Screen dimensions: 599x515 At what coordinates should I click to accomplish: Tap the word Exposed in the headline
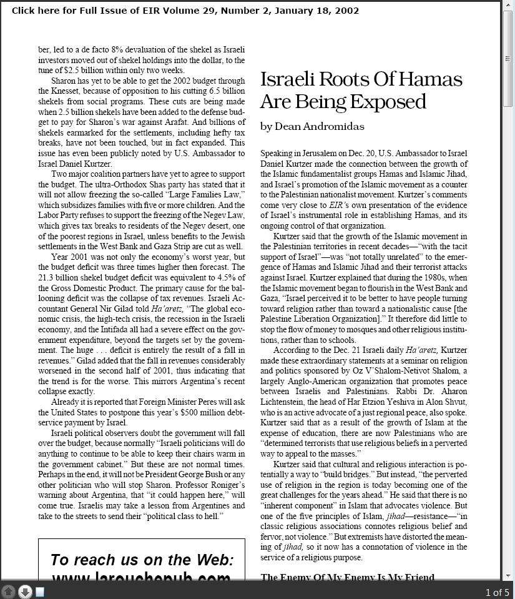[390, 101]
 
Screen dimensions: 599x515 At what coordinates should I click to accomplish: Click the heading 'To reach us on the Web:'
[142, 559]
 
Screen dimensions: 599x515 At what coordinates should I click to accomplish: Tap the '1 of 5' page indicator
[497, 592]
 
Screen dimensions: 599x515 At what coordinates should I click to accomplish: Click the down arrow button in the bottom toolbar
[24, 592]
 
